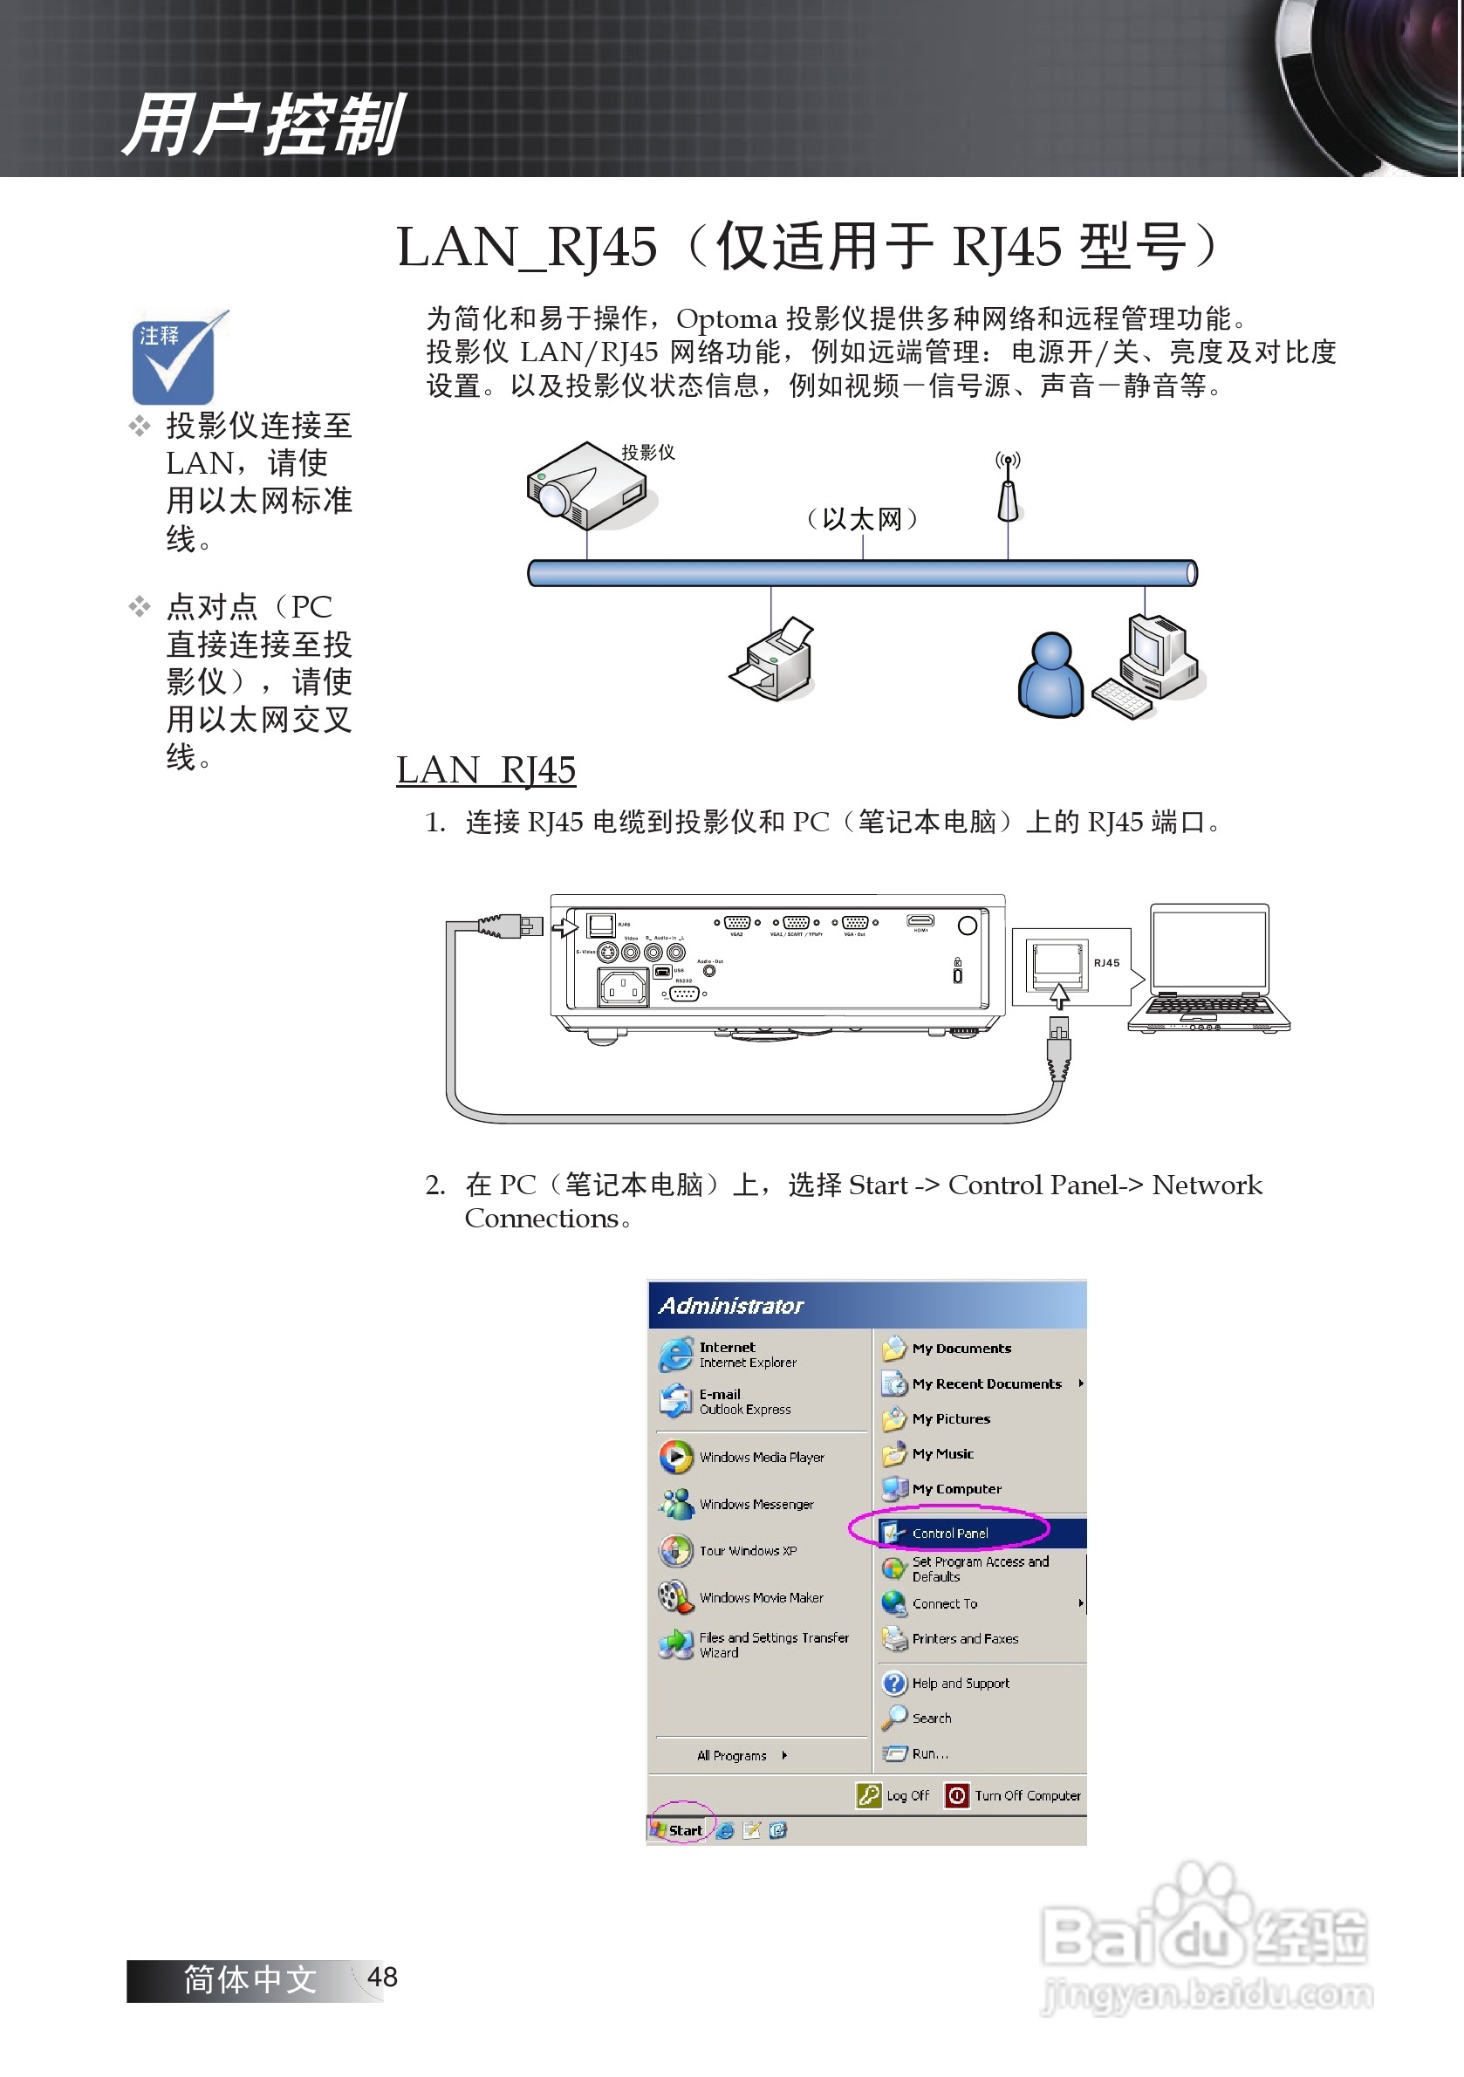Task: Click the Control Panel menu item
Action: click(949, 1534)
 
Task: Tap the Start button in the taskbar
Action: click(680, 1830)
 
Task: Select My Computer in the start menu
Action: click(955, 1489)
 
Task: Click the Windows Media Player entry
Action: click(760, 1458)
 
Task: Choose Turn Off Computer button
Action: click(1014, 1795)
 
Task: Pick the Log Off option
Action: click(895, 1795)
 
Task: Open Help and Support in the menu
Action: click(959, 1684)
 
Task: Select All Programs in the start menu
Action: click(733, 1756)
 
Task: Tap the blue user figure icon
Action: click(1050, 676)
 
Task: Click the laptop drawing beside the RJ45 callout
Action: click(1209, 968)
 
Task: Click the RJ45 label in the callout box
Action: click(1105, 963)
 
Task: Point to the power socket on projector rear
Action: click(623, 987)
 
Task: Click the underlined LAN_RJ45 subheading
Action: click(486, 771)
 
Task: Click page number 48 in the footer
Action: click(382, 1978)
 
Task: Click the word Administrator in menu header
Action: click(730, 1305)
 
